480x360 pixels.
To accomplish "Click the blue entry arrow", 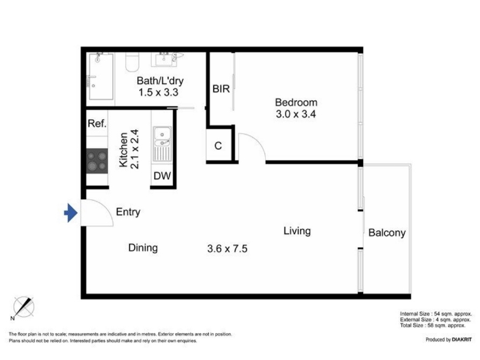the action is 71,213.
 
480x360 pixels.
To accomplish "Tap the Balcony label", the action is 387,233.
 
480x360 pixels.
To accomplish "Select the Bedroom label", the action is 296,102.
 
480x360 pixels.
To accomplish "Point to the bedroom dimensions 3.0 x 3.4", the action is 296,114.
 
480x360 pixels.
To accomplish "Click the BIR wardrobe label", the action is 221,89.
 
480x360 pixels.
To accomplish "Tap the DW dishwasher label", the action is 162,176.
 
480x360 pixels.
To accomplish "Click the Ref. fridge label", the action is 97,124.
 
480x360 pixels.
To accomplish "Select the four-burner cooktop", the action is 97,161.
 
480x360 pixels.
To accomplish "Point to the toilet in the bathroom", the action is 132,62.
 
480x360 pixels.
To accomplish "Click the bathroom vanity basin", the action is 164,59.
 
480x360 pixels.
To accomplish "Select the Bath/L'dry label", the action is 160,81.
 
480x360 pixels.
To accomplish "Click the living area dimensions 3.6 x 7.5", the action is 227,248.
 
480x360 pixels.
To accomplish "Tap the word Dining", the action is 143,248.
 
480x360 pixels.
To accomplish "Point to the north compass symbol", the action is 23,307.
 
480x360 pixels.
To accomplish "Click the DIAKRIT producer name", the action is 461,340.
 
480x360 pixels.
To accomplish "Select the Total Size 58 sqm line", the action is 433,325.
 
